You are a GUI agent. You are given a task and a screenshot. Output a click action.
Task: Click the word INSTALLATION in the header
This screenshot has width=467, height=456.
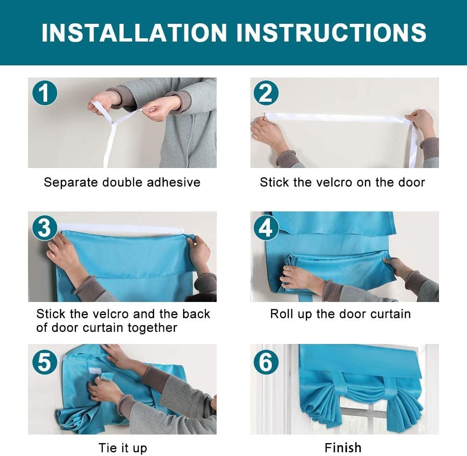134,33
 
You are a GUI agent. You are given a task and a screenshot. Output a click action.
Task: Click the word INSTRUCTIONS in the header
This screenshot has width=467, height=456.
331,33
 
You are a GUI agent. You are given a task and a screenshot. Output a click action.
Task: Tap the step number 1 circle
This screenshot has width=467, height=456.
45,93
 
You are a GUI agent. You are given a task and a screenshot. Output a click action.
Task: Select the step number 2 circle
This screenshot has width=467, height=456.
266,93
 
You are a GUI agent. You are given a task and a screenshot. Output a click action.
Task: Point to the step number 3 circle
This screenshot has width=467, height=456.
45,228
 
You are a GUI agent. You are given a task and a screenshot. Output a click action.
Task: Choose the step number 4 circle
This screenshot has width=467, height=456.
266,228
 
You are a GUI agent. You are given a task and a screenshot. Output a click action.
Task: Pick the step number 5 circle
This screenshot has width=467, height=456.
45,362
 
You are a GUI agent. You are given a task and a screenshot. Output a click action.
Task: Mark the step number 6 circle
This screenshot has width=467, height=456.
266,362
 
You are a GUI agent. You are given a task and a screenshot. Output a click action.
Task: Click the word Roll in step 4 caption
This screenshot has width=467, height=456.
280,314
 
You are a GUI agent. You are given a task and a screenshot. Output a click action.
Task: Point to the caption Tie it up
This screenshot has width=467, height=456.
123,448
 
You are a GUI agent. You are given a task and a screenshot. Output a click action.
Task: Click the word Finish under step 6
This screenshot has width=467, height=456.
343,448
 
